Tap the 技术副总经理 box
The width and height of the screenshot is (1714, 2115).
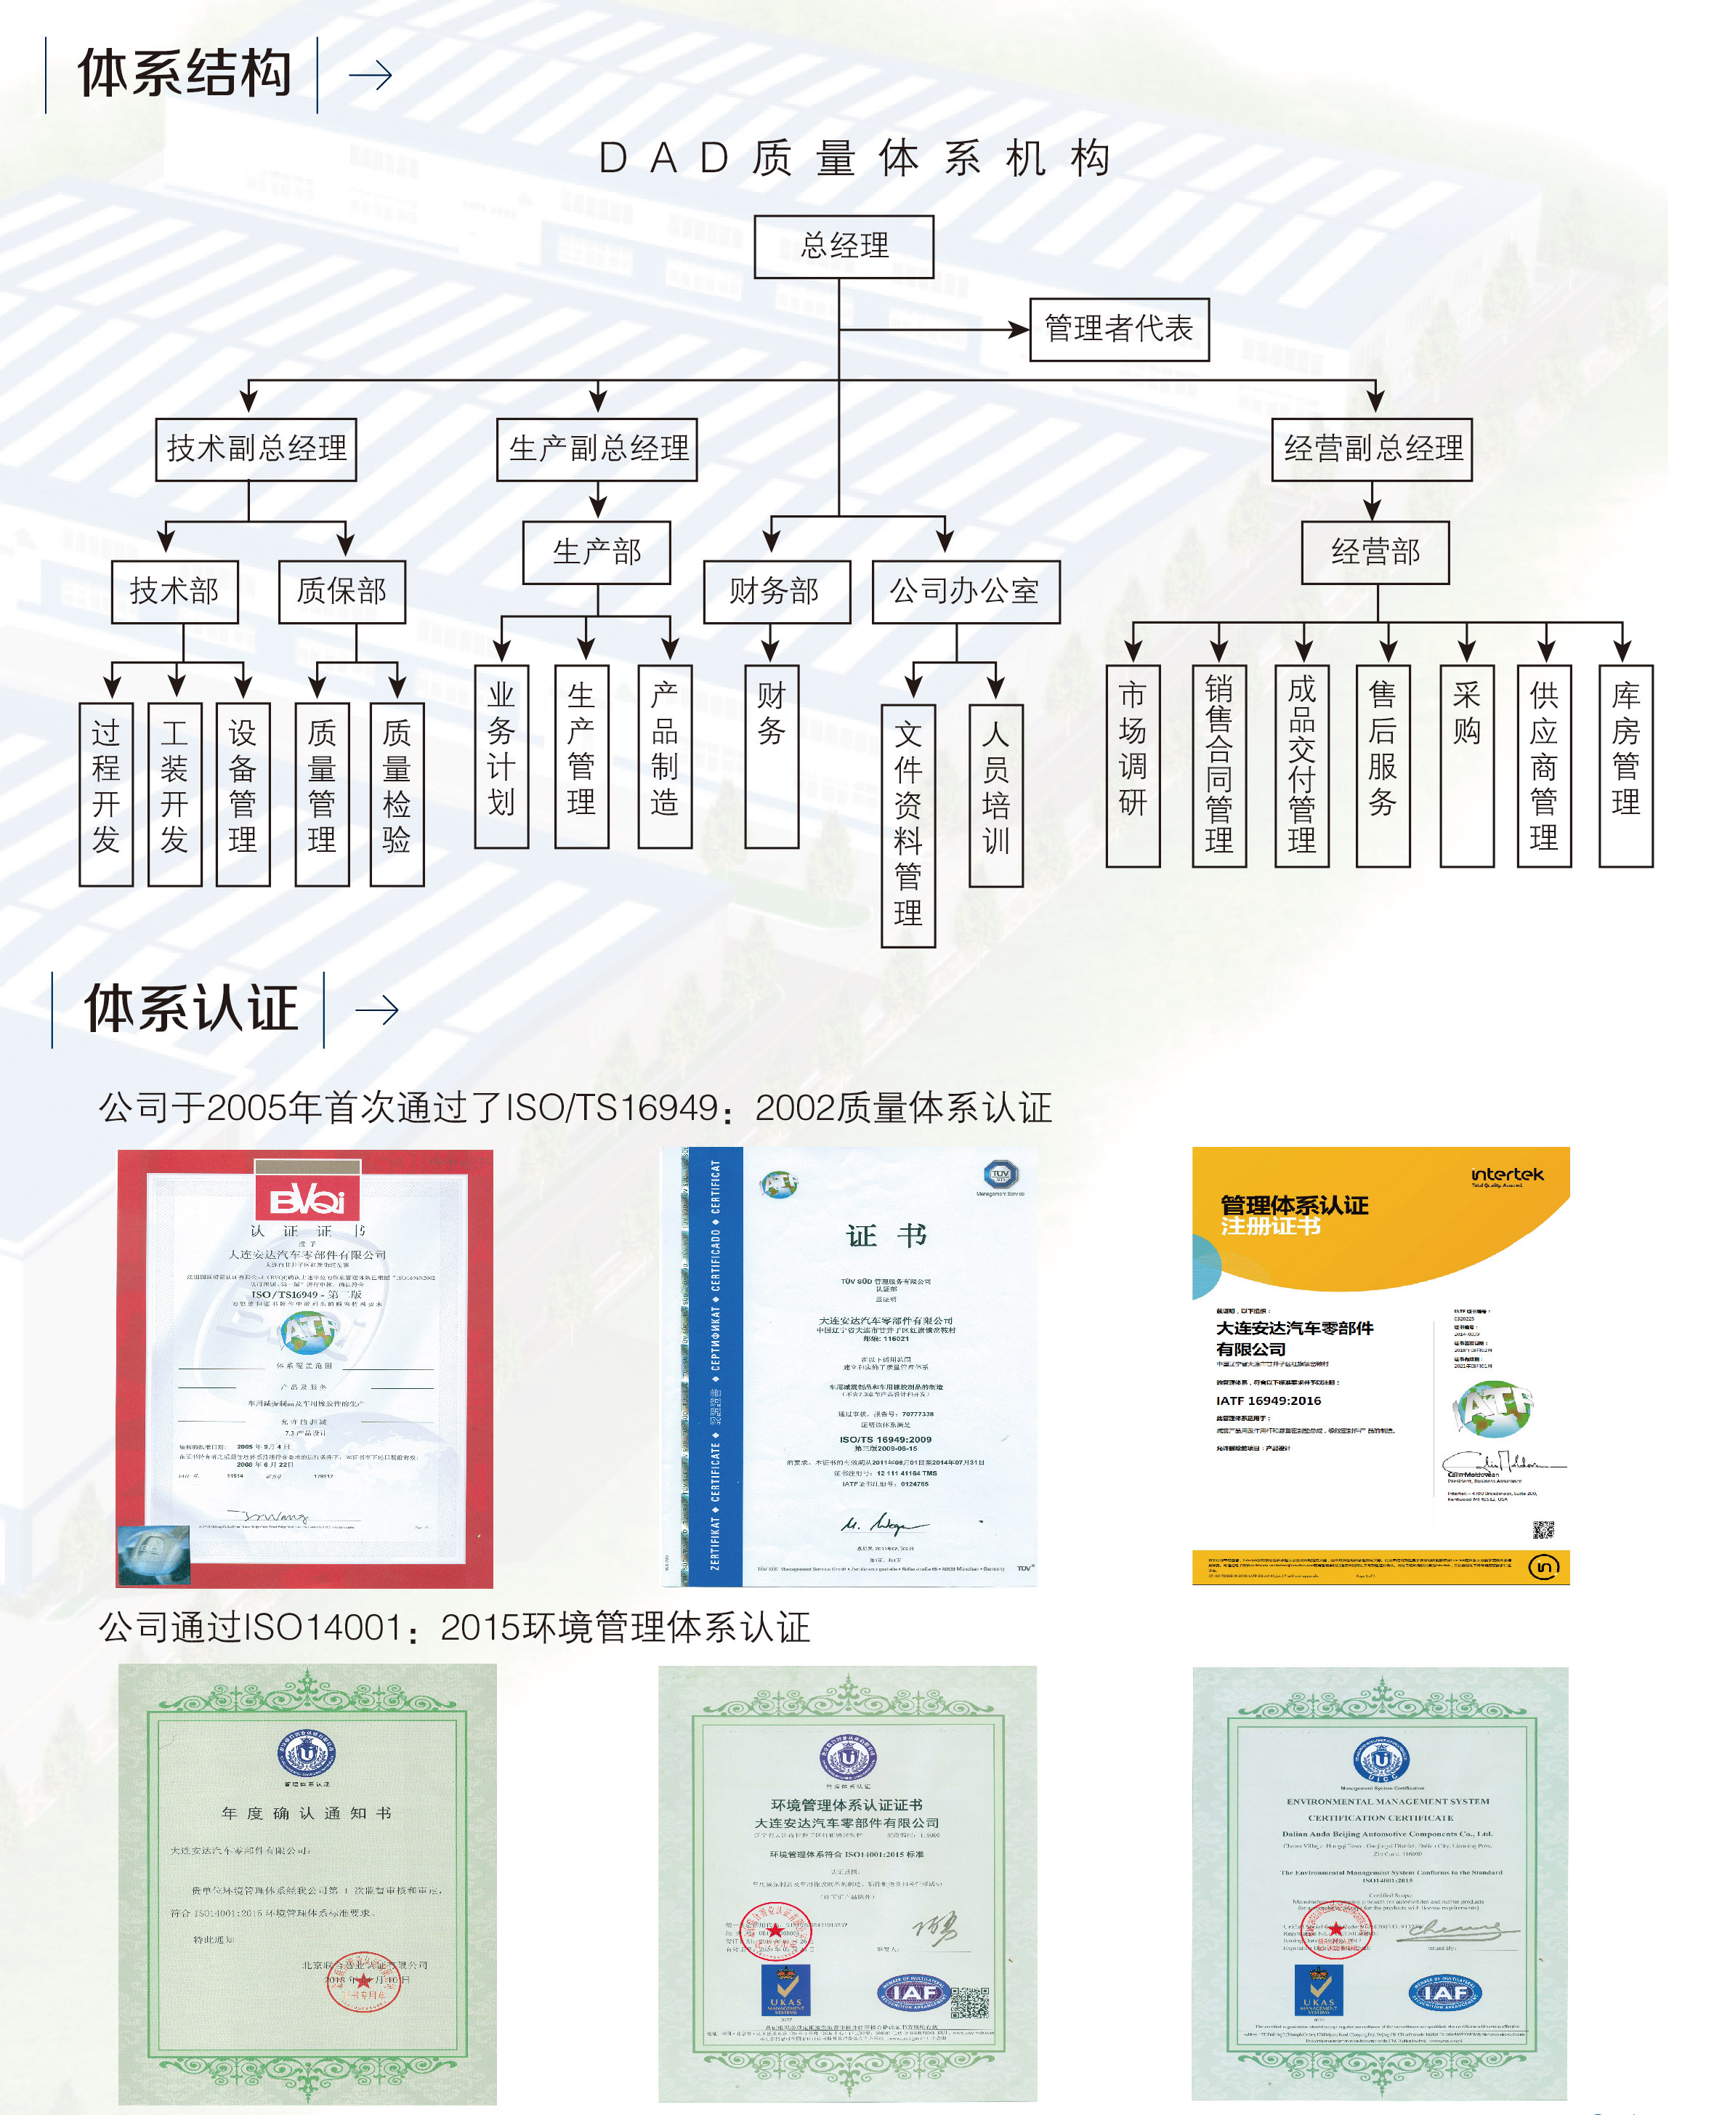tap(256, 448)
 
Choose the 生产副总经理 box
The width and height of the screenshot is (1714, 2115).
tap(597, 448)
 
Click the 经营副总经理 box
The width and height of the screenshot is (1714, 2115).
tap(1371, 448)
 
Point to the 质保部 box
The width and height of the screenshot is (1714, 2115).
tap(341, 592)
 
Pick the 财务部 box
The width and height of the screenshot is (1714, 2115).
tap(776, 592)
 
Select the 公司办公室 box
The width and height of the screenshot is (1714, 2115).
tap(965, 592)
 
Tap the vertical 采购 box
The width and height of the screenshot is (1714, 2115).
tap(1466, 765)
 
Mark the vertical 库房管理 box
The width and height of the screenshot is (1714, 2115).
tap(1625, 765)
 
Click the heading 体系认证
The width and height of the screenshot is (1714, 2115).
tap(190, 1008)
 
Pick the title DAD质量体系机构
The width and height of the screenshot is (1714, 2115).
tap(855, 158)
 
